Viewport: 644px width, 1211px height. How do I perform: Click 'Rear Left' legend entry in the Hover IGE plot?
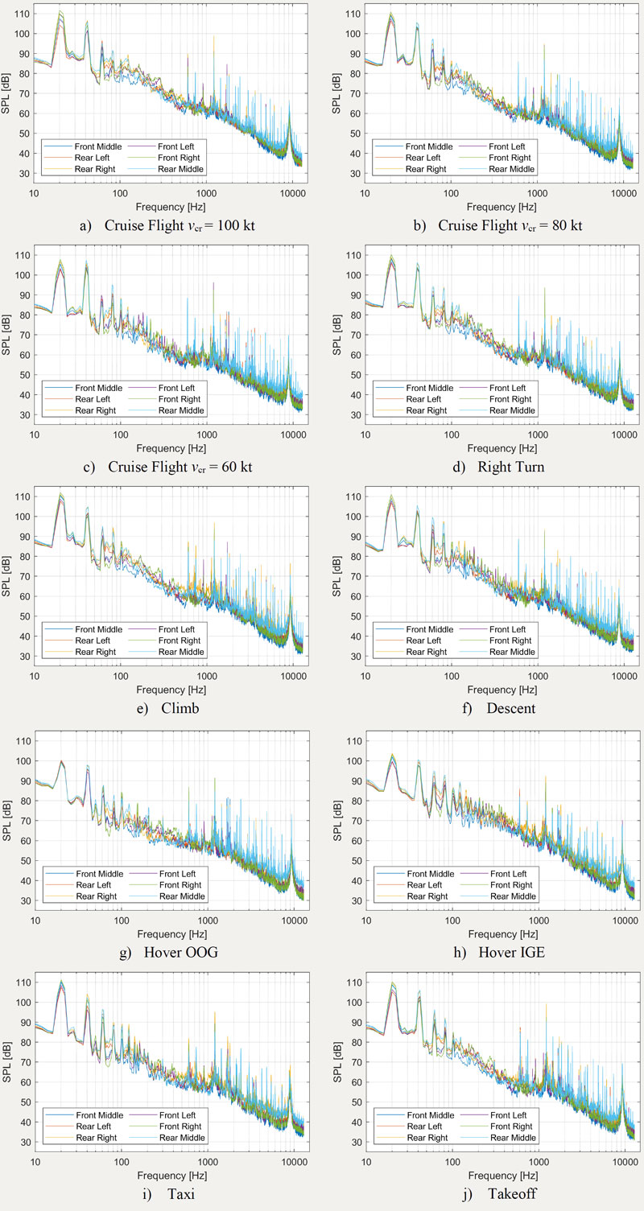(x=424, y=885)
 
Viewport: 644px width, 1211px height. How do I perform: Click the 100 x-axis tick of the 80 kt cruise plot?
(x=452, y=193)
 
